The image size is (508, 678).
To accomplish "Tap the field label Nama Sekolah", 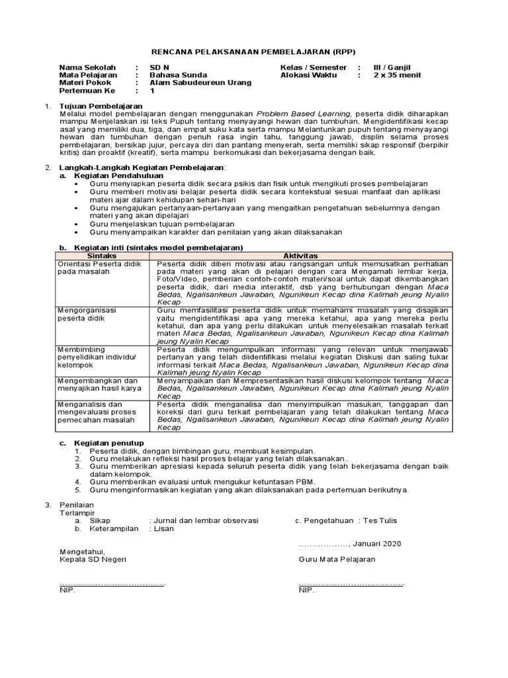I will point(87,68).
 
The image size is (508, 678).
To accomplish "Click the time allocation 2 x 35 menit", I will point(397,75).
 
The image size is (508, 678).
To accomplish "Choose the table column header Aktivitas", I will point(300,256).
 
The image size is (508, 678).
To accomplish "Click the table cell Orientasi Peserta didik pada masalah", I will point(99,267).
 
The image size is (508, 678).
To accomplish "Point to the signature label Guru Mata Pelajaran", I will point(337,559).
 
